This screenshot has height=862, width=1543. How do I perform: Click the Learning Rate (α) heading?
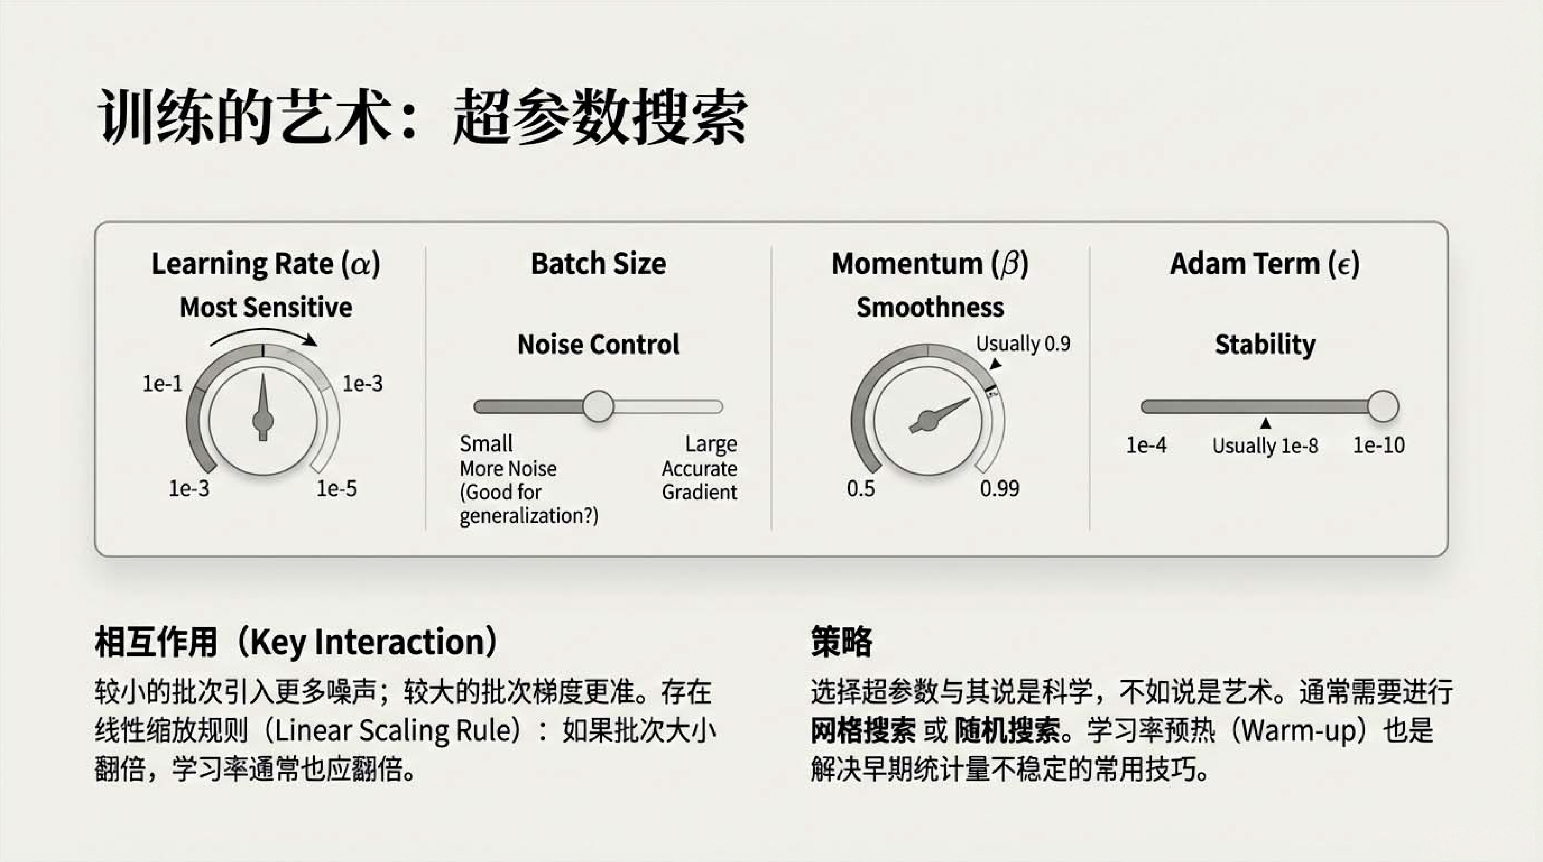coord(266,264)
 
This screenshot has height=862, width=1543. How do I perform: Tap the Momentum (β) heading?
coord(930,264)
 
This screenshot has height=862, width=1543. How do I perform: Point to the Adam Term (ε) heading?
coord(1265,264)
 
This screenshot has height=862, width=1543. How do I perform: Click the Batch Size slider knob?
coord(598,406)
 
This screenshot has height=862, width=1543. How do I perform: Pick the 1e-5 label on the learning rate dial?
coord(337,488)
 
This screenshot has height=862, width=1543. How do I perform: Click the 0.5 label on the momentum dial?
coord(861,488)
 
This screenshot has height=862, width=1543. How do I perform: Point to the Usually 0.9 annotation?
coord(1023,344)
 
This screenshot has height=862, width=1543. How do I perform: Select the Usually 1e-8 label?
coord(1265,446)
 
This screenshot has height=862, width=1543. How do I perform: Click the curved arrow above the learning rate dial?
coord(264,330)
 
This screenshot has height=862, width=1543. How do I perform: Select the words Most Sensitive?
coord(266,307)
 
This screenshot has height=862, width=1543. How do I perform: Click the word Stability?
coord(1265,344)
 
